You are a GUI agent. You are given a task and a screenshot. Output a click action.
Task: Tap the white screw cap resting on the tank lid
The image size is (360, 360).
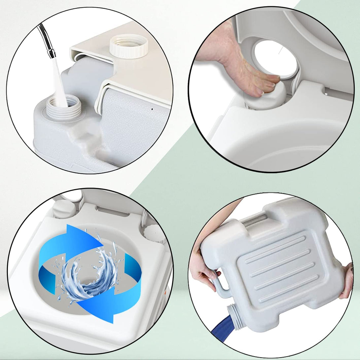tap(128, 46)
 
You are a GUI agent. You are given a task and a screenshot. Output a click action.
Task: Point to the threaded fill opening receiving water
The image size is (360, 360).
tap(63, 106)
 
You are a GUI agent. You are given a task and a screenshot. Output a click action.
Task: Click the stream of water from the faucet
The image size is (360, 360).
tap(59, 83)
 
